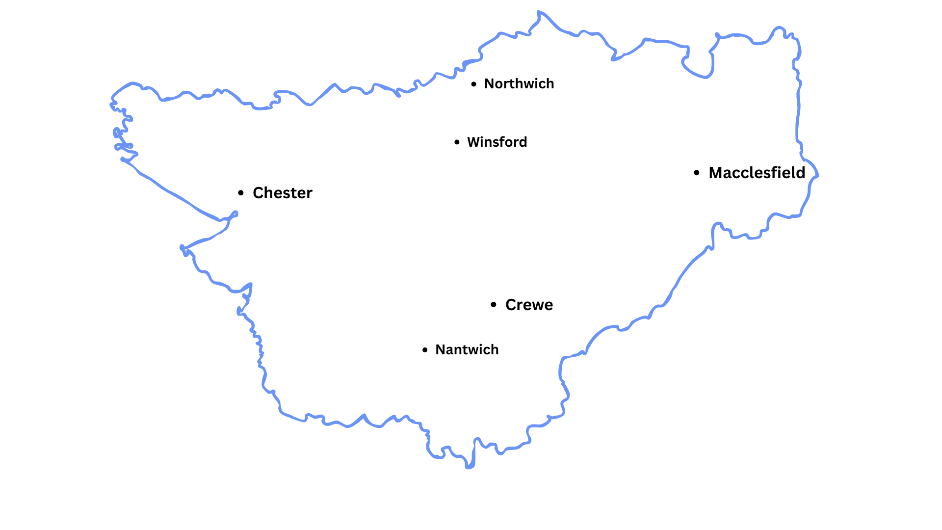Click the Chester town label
pyautogui.click(x=282, y=193)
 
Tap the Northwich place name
pyautogui.click(x=519, y=84)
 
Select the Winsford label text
pyautogui.click(x=497, y=142)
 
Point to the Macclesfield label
pyautogui.click(x=757, y=173)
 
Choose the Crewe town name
pyautogui.click(x=529, y=305)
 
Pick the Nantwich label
pyautogui.click(x=467, y=350)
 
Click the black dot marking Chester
pyautogui.click(x=240, y=193)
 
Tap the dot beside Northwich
pyautogui.click(x=473, y=84)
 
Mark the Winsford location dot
pyautogui.click(x=457, y=142)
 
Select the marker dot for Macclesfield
pyautogui.click(x=697, y=173)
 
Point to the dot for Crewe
pyautogui.click(x=494, y=305)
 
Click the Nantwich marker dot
pyautogui.click(x=425, y=350)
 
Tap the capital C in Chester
pyautogui.click(x=258, y=193)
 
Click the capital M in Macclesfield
pyautogui.click(x=716, y=173)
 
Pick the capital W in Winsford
pyautogui.click(x=474, y=142)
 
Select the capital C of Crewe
pyautogui.click(x=511, y=305)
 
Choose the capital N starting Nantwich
pyautogui.click(x=441, y=350)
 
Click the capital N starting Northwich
pyautogui.click(x=489, y=84)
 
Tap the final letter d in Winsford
pyautogui.click(x=523, y=142)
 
